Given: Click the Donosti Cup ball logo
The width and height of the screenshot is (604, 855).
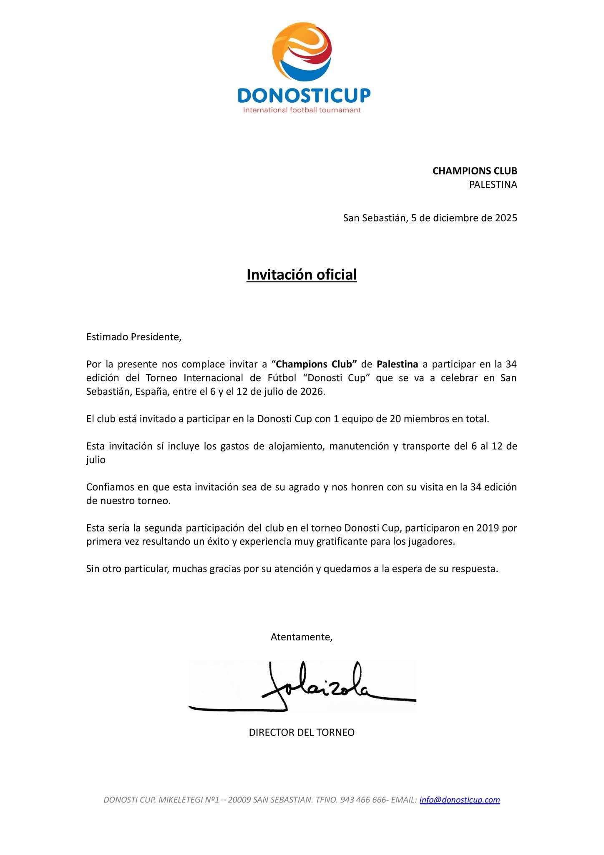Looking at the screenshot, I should (302, 52).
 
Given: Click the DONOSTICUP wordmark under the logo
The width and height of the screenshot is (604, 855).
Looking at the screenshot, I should (304, 95).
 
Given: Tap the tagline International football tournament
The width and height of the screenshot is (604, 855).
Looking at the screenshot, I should (302, 110).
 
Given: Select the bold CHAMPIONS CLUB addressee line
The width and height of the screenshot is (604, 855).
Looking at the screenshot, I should (475, 171).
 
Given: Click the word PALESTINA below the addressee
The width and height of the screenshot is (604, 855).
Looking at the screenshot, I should (493, 185).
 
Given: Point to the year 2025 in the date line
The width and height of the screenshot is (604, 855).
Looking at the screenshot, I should (506, 218).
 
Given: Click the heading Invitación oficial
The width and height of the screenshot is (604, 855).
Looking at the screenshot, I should (302, 275).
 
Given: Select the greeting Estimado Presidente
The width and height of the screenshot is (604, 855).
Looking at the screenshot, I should (134, 337).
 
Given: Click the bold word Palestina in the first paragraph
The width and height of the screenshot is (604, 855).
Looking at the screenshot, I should (397, 364).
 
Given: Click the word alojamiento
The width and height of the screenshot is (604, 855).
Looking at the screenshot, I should (296, 446).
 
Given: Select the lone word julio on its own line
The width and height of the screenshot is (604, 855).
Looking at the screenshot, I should (96, 460).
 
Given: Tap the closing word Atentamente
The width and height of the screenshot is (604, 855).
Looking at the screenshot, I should (301, 637).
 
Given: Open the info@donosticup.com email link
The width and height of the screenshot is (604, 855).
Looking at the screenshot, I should (460, 799).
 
